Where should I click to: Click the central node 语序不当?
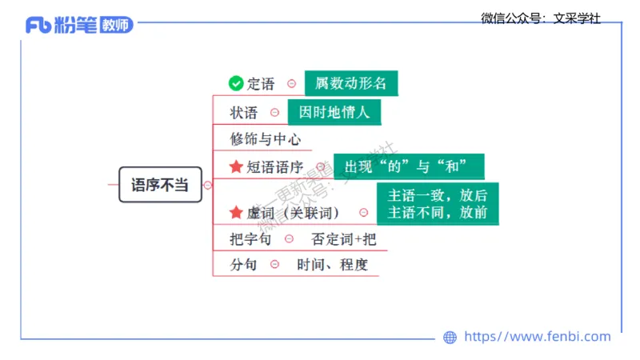click(x=159, y=185)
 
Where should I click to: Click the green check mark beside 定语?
click(x=235, y=83)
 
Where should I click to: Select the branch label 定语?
click(x=261, y=83)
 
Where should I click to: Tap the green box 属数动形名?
click(x=351, y=83)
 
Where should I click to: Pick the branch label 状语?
click(x=244, y=113)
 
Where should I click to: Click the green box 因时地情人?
click(x=334, y=112)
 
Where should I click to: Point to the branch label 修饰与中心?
click(x=266, y=138)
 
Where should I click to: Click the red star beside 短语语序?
click(x=235, y=166)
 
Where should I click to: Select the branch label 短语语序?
click(x=274, y=166)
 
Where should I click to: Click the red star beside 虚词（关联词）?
click(x=235, y=212)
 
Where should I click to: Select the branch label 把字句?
click(x=250, y=238)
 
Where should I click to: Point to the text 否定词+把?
click(x=343, y=238)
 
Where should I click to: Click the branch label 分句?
click(x=244, y=265)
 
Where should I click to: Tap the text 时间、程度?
click(x=332, y=265)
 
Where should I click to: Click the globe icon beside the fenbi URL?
click(x=450, y=338)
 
